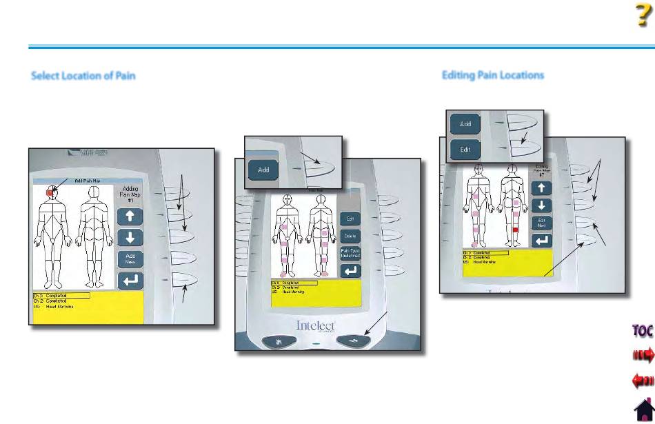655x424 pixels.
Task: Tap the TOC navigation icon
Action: point(642,330)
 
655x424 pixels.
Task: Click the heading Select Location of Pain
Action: point(83,76)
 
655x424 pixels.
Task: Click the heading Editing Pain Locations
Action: point(492,74)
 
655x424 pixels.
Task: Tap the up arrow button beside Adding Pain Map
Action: point(130,216)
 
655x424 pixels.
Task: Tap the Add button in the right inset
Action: point(465,124)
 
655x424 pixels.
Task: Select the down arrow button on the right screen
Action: point(543,205)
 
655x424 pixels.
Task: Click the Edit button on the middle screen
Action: point(351,218)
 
